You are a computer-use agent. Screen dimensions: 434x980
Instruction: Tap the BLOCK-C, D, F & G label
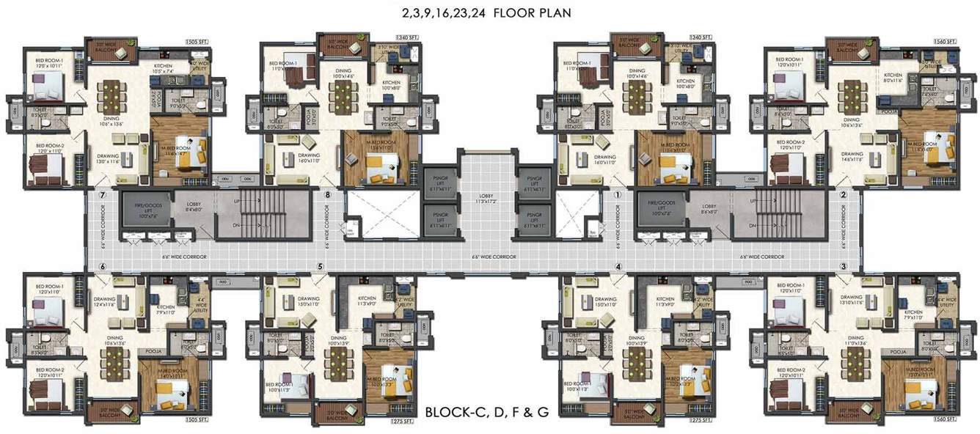pyautogui.click(x=487, y=412)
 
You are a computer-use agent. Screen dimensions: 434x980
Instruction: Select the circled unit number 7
pyautogui.click(x=103, y=196)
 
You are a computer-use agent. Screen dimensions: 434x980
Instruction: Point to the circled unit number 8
pyautogui.click(x=327, y=196)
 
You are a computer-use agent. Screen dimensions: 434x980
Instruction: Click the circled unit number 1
pyautogui.click(x=618, y=196)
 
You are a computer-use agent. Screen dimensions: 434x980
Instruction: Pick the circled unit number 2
pyautogui.click(x=844, y=196)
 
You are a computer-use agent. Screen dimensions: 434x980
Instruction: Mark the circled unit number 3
pyautogui.click(x=844, y=266)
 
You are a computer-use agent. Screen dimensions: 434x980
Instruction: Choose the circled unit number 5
pyautogui.click(x=320, y=266)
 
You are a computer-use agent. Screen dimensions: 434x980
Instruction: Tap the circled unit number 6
pyautogui.click(x=103, y=266)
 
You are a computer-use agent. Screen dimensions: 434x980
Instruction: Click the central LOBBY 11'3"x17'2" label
pyautogui.click(x=486, y=199)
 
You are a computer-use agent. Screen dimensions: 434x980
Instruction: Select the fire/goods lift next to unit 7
pyautogui.click(x=147, y=211)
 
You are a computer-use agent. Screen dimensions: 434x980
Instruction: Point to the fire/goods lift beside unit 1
pyautogui.click(x=662, y=211)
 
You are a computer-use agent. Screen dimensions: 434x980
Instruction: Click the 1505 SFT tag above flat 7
pyautogui.click(x=197, y=42)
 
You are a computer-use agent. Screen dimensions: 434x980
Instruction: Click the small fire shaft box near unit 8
pyautogui.click(x=353, y=229)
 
